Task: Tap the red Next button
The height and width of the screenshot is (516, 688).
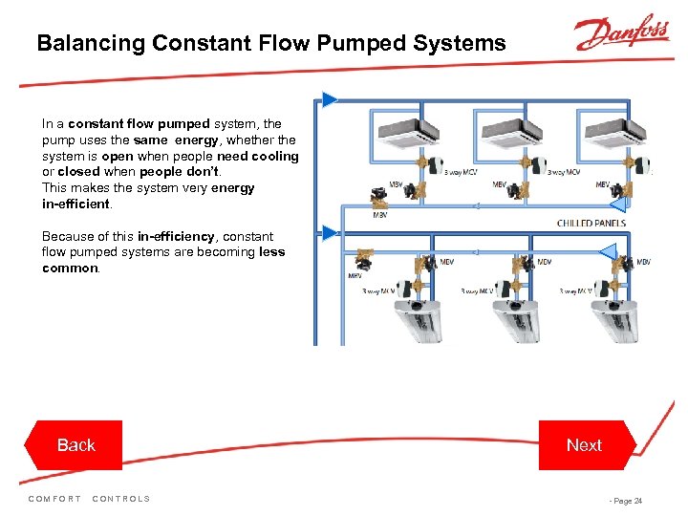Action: tap(584, 445)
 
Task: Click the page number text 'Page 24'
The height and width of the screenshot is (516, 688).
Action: tap(627, 501)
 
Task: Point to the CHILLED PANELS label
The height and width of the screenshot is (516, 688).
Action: tap(591, 223)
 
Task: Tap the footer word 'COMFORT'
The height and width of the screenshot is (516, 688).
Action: tap(55, 499)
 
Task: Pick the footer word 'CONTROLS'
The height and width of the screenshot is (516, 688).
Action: tap(121, 499)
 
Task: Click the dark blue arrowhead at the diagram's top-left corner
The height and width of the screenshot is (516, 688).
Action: tap(330, 98)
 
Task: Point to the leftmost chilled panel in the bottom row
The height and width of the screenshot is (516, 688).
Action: tap(407, 320)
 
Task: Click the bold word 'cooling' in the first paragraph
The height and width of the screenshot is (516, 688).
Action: tap(276, 156)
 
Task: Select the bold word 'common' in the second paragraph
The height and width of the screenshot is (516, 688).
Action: tap(70, 269)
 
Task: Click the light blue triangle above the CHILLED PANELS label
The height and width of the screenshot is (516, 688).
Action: tap(616, 204)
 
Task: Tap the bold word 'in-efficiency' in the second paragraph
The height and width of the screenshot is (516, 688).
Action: tap(176, 236)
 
